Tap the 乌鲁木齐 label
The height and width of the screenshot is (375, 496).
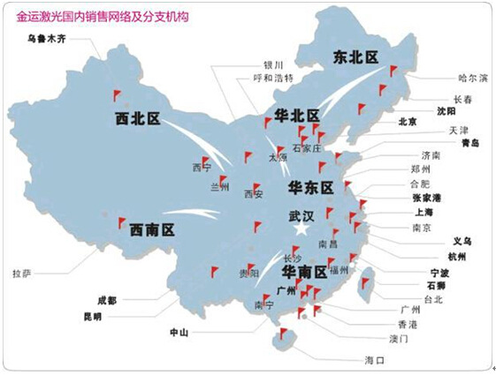(46, 38)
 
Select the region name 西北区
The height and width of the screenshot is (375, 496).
(141, 117)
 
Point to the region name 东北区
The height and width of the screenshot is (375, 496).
(355, 57)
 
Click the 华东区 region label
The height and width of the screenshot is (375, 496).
(310, 188)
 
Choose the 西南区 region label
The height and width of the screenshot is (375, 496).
(152, 229)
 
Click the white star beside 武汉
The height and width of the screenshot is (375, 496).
(301, 229)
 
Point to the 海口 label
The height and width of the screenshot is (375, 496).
(375, 361)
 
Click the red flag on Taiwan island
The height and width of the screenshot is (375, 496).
(365, 283)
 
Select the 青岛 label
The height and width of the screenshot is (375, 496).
(469, 143)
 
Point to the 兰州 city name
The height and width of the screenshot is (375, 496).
(218, 187)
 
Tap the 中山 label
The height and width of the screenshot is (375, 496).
(179, 333)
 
